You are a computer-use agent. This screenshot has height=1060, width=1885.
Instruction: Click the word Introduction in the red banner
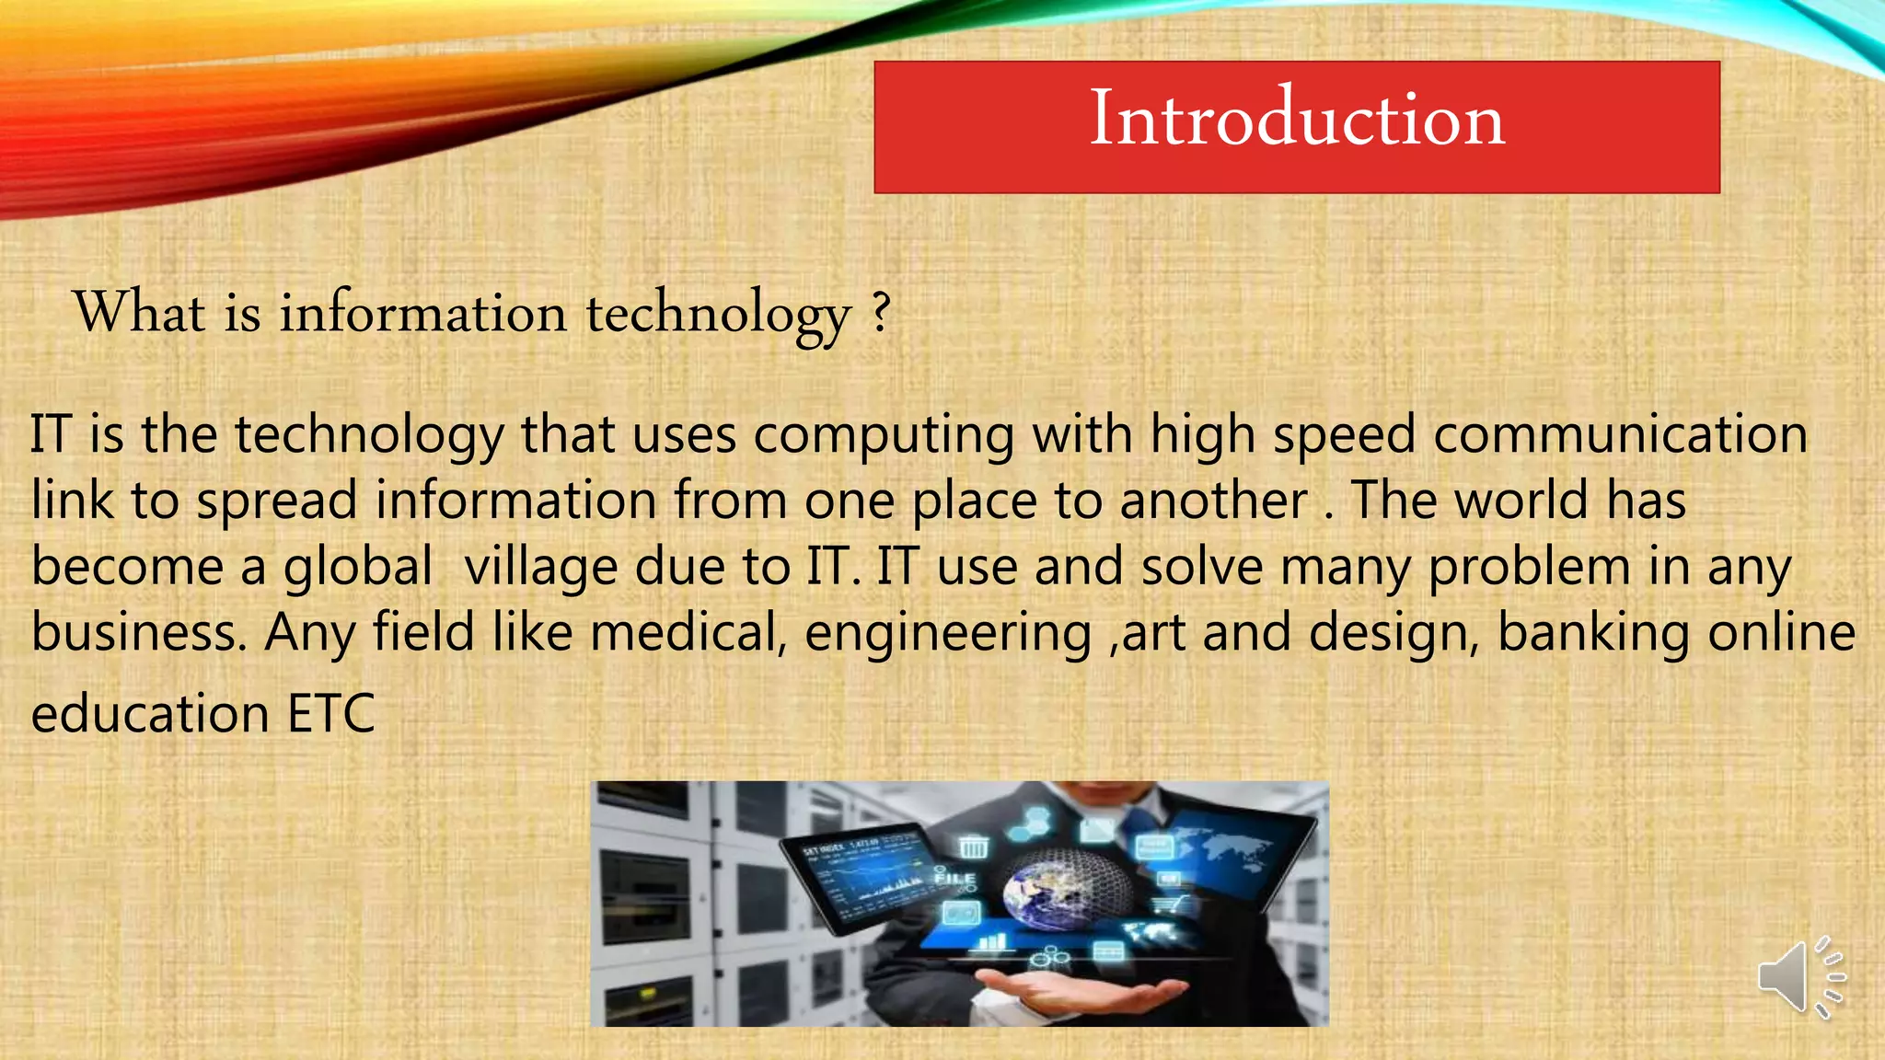coord(1297,119)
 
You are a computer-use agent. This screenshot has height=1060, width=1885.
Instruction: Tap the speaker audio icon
coord(1798,977)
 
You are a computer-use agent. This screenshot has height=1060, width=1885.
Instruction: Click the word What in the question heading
coord(139,312)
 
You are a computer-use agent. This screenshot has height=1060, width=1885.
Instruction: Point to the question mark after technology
coord(881,312)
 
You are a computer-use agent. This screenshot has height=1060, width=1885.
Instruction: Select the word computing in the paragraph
coord(884,435)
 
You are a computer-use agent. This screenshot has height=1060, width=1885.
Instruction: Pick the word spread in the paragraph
coord(276,501)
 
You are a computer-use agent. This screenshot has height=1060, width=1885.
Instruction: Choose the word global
coord(357,567)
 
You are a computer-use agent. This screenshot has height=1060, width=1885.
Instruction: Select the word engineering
coord(948,635)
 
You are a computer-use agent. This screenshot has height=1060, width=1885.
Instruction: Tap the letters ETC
coord(331,714)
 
